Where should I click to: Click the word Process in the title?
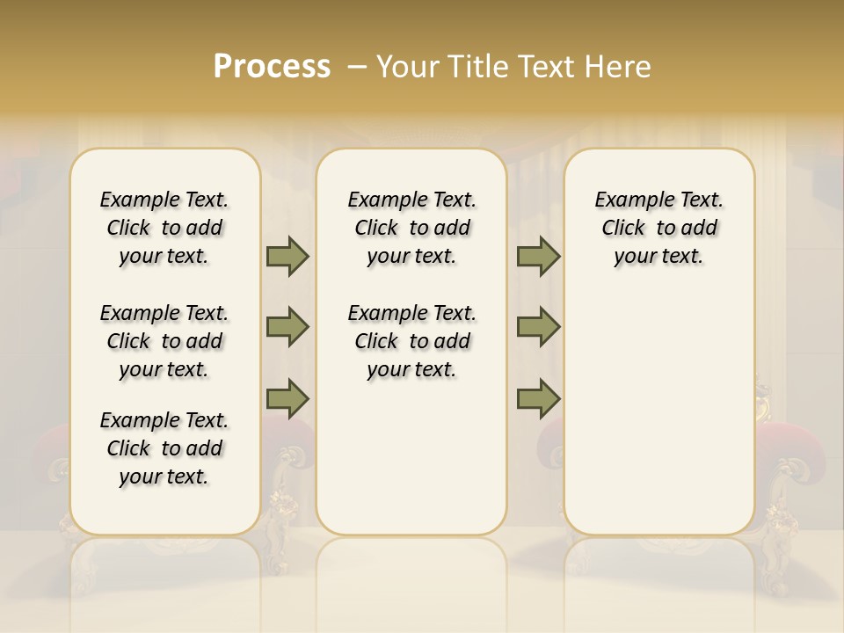click(272, 67)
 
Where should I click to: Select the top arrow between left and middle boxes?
click(287, 256)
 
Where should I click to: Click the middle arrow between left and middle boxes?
click(287, 327)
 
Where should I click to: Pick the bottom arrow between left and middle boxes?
click(287, 399)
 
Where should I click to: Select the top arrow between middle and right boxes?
click(538, 256)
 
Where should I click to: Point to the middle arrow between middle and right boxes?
click(538, 327)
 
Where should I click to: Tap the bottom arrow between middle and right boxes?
click(538, 399)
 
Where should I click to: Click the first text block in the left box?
click(164, 228)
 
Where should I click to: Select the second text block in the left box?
click(164, 341)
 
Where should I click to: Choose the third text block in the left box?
click(164, 448)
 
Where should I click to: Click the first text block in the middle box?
click(412, 228)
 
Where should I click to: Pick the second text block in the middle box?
click(412, 341)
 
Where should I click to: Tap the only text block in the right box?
click(659, 228)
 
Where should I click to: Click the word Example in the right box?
click(632, 200)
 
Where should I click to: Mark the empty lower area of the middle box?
click(412, 457)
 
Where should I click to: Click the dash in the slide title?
click(357, 67)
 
